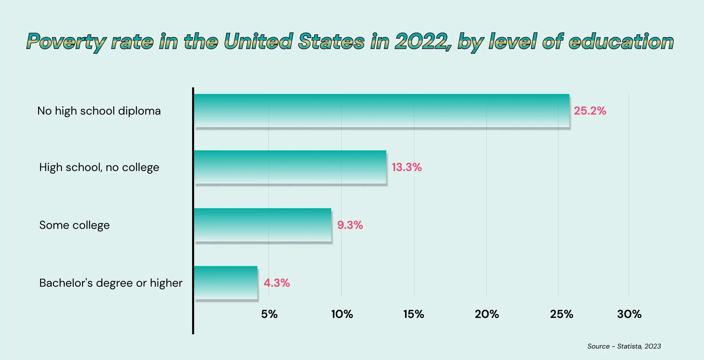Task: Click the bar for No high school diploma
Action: tap(381, 111)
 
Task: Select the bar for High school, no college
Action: tap(290, 167)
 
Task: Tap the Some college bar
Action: tap(262, 225)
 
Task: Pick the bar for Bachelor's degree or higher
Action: tap(225, 283)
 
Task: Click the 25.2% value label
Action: tap(590, 111)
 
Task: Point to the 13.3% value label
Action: tap(407, 167)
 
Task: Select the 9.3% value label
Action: tap(350, 225)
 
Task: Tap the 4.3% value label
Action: tap(277, 283)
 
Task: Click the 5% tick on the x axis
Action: tap(269, 314)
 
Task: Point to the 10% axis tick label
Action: tap(342, 314)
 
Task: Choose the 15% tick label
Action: tap(414, 314)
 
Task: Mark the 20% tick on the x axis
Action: tap(487, 314)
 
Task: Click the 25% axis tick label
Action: tap(561, 314)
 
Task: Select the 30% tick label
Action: tap(629, 314)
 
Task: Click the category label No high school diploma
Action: tap(99, 111)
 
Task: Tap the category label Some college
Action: tap(74, 225)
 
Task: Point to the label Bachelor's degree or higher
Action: tap(111, 283)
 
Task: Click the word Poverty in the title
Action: tap(66, 42)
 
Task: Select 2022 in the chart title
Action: tap(421, 41)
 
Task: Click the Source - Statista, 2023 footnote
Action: tap(624, 346)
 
